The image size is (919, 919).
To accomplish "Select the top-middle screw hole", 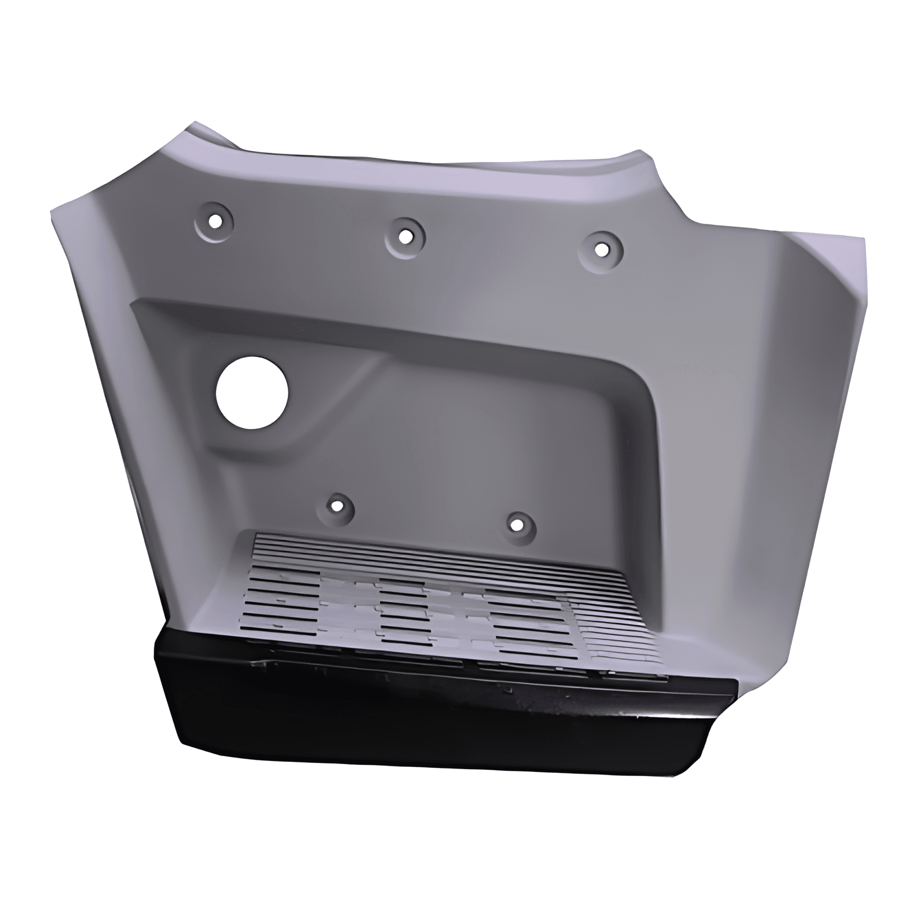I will click(x=405, y=236).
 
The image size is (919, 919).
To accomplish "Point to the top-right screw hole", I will click(x=601, y=249).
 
